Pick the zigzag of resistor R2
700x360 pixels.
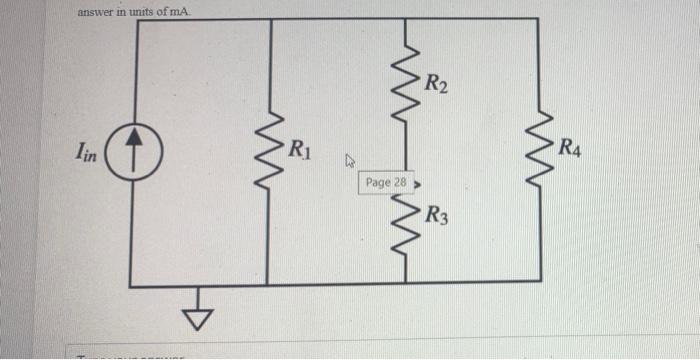[404, 86]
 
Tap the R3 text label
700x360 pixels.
[436, 214]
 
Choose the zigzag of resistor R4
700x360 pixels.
[540, 149]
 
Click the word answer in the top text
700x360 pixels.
[96, 11]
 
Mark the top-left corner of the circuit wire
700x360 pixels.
[131, 18]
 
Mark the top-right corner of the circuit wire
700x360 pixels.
[540, 18]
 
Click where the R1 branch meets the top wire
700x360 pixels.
[268, 18]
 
